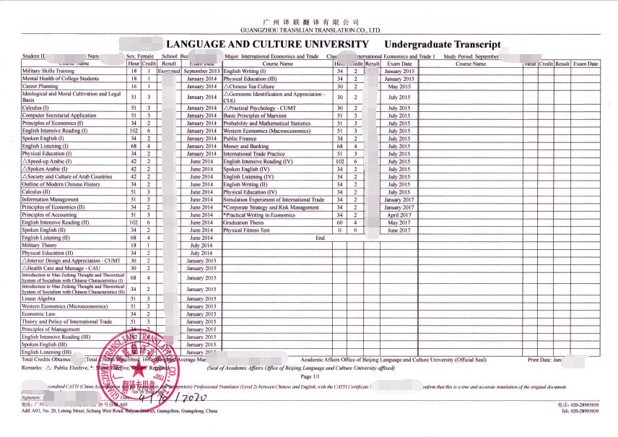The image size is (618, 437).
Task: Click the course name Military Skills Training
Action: (48, 72)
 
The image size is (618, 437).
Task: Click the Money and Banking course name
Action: (246, 147)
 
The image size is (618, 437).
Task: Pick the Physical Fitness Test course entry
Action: (247, 230)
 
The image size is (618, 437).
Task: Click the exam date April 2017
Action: (399, 215)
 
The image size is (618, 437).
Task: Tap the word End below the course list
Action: (320, 238)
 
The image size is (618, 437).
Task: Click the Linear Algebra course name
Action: (39, 298)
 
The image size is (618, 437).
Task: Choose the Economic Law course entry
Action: (39, 314)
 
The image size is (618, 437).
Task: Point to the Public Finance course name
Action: (242, 139)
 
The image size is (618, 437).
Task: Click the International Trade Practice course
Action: (254, 154)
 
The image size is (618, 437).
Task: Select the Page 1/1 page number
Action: (308, 376)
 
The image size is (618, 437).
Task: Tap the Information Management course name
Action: (50, 199)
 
